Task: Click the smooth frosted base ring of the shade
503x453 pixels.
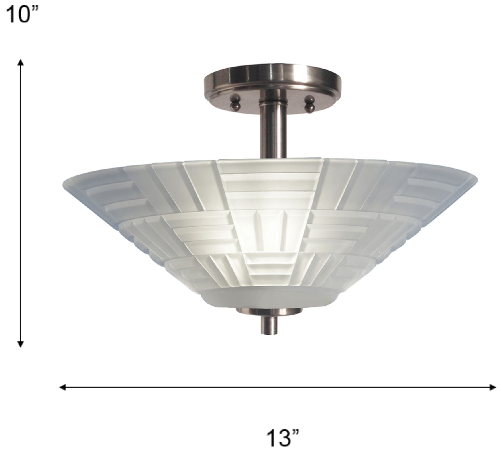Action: pyautogui.click(x=269, y=298)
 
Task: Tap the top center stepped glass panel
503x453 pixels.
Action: pyautogui.click(x=269, y=182)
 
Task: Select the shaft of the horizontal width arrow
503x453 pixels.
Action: pyautogui.click(x=278, y=387)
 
